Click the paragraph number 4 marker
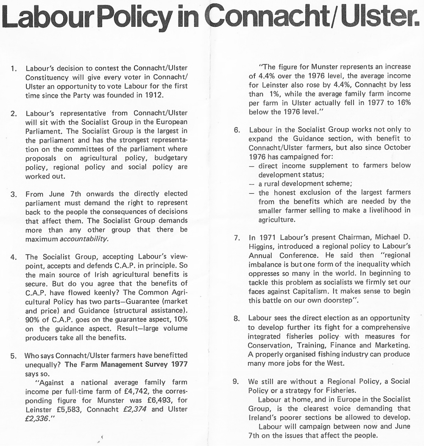click(x=13, y=257)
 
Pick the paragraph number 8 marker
click(x=237, y=318)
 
